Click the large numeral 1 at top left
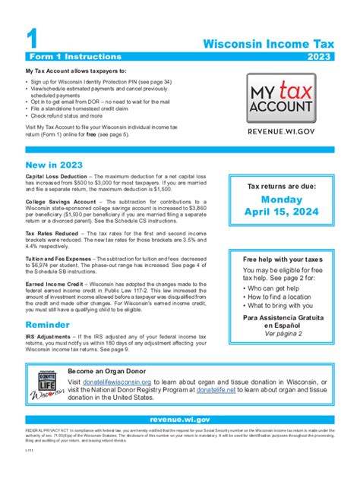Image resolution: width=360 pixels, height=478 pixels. pos(31,36)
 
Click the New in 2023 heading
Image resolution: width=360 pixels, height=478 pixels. pos(54,164)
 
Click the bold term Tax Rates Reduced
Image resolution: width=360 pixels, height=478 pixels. pos(49,233)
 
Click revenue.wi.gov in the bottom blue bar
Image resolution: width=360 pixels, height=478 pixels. pos(180,418)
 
